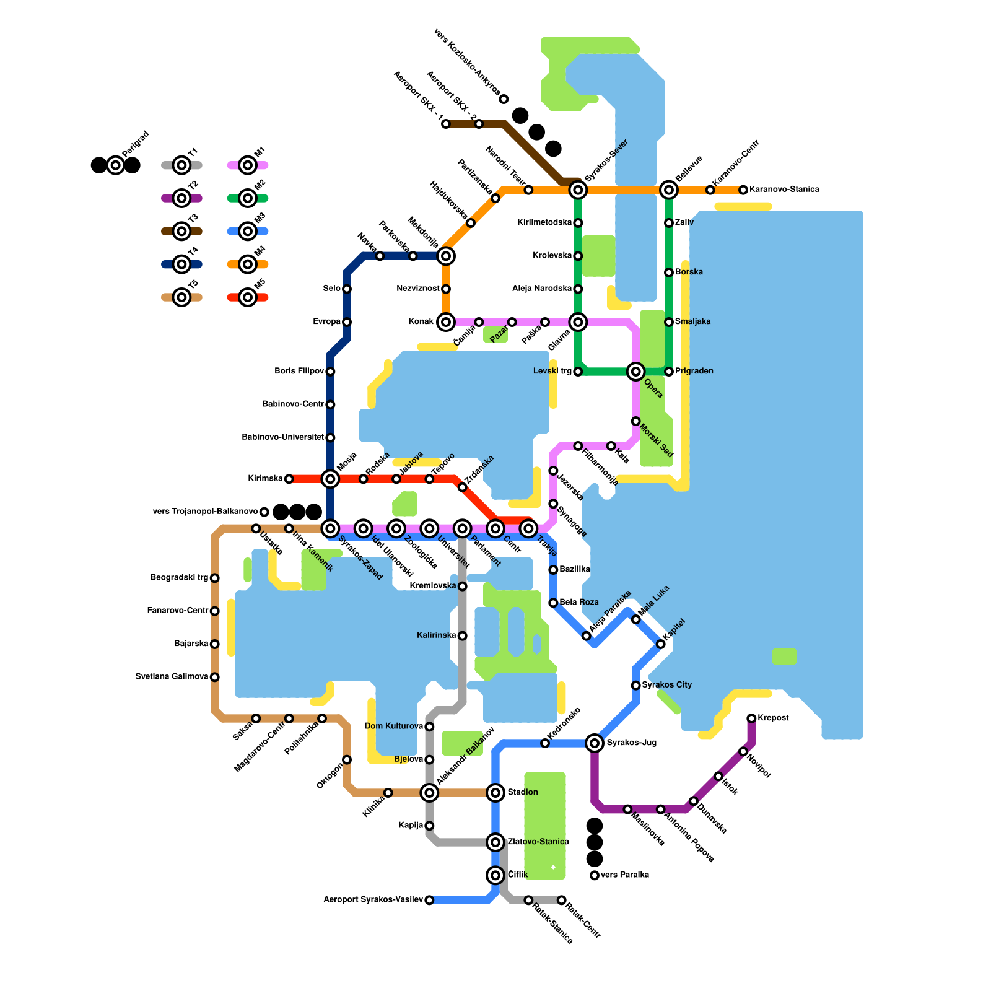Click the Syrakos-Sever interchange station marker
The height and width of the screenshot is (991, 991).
click(578, 190)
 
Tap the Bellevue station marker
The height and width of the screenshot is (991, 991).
click(669, 190)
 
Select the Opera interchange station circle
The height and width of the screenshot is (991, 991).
click(635, 372)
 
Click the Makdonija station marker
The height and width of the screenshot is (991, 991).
click(446, 256)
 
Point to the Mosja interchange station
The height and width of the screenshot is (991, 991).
click(330, 479)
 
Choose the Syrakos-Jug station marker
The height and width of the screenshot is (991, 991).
click(595, 743)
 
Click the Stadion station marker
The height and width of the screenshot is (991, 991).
click(495, 792)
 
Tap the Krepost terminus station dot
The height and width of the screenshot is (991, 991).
click(751, 718)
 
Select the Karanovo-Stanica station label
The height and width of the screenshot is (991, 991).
click(784, 190)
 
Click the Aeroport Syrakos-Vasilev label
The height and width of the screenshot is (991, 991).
click(373, 900)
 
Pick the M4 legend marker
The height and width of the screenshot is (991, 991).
click(248, 264)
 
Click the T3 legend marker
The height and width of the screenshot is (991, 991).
click(181, 232)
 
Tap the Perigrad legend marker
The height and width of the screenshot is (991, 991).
click(115, 165)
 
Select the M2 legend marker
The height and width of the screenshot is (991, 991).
click(248, 198)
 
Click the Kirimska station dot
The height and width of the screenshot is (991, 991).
click(289, 479)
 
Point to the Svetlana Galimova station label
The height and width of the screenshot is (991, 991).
click(172, 677)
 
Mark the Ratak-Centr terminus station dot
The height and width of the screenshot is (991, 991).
click(561, 900)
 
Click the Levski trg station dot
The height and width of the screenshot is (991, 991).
click(578, 372)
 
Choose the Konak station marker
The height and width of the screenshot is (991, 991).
click(446, 322)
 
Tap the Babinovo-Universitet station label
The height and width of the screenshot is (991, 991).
click(282, 437)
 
